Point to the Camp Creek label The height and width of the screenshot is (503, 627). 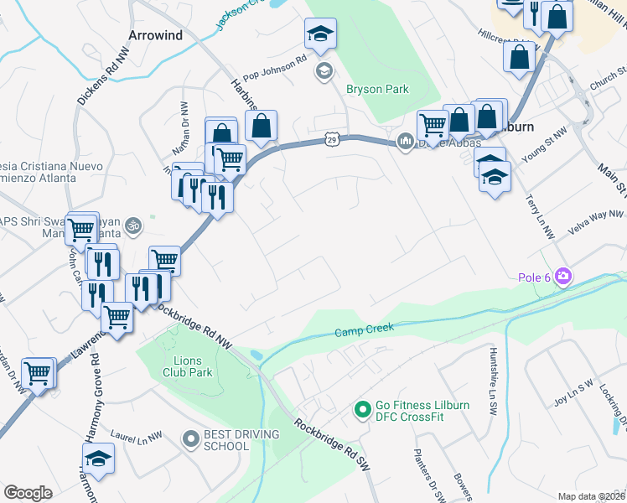pyautogui.click(x=365, y=331)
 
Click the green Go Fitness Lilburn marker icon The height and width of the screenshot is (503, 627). pyautogui.click(x=362, y=410)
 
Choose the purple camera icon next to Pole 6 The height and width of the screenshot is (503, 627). pyautogui.click(x=562, y=276)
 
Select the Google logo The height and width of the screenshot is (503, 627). pyautogui.click(x=28, y=493)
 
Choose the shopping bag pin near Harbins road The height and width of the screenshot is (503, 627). pyautogui.click(x=262, y=126)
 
